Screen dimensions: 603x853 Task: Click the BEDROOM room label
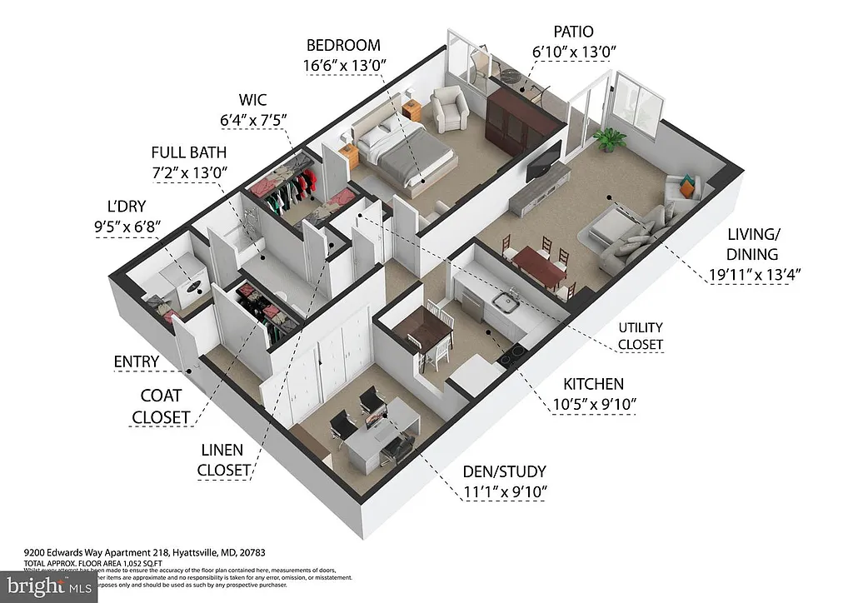pos(343,46)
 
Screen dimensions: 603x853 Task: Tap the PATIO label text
pos(573,32)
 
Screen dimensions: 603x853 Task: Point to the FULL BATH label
pos(188,153)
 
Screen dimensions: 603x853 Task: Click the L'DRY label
pos(121,205)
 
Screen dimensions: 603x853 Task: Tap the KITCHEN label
pos(593,384)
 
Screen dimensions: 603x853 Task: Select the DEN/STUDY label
pos(504,471)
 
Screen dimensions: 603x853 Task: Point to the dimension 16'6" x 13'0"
pos(343,65)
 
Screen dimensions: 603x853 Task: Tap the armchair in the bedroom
pos(450,111)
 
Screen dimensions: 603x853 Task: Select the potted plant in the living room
pos(611,138)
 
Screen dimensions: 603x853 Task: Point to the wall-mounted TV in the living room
pos(542,159)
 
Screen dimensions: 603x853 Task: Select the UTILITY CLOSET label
pos(641,336)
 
